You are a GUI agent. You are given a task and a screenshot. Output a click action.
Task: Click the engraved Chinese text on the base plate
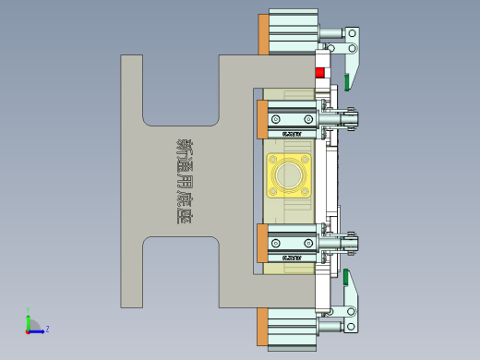pos(185,181)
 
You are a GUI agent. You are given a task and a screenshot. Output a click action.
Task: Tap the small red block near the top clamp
pos(320,73)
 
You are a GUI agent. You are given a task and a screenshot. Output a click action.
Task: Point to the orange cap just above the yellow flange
pos(263,119)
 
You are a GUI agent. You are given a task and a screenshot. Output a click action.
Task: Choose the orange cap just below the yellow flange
pos(263,243)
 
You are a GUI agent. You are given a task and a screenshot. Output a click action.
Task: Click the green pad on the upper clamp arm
pos(347,82)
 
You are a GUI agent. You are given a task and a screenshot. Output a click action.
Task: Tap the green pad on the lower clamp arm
pos(347,277)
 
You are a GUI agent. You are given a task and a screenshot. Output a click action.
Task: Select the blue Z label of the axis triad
pos(47,329)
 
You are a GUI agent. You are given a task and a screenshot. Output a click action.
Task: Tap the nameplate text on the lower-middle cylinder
pos(292,258)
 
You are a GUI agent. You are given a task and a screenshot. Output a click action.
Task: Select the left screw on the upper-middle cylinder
pos(275,119)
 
